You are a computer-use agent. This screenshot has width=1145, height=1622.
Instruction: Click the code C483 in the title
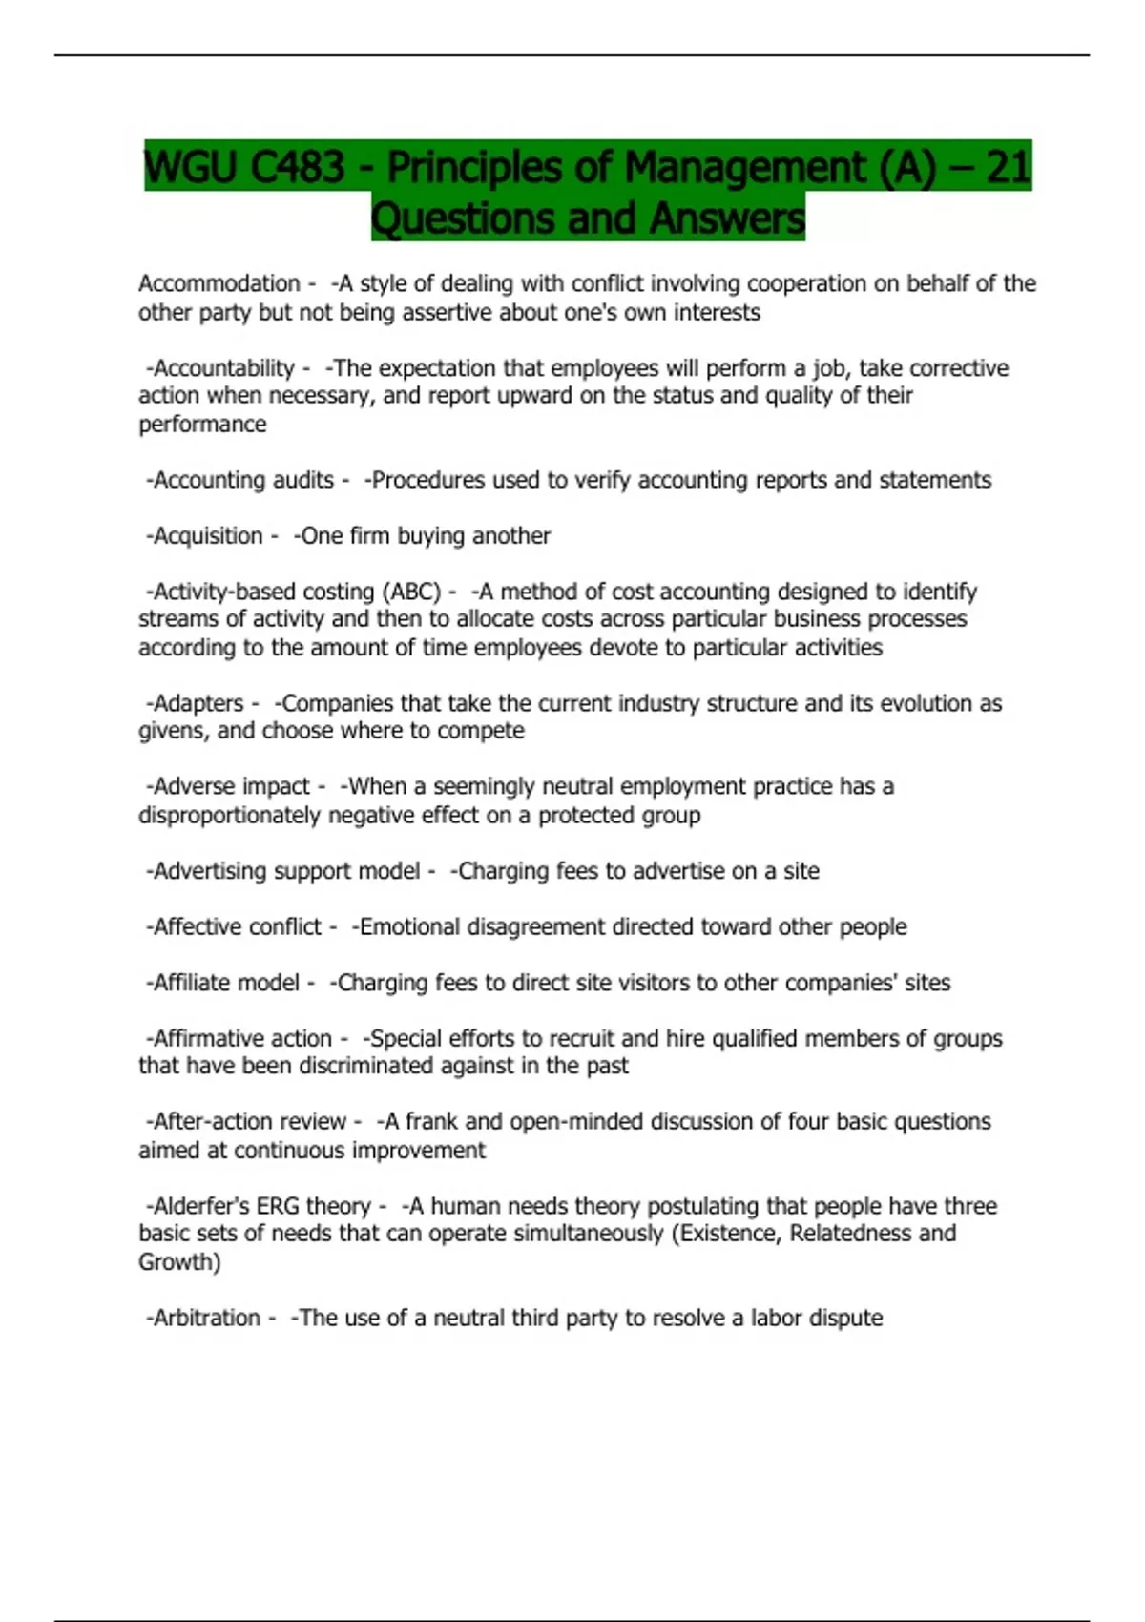[297, 168]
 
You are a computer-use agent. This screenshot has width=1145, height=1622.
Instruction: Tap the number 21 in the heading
[1008, 168]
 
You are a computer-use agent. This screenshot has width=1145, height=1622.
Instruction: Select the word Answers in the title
[727, 218]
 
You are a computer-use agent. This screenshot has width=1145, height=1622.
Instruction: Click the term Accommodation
[219, 283]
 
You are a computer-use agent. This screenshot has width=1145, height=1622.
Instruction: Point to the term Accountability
[224, 368]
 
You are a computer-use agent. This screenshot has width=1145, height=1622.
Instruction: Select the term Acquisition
[208, 536]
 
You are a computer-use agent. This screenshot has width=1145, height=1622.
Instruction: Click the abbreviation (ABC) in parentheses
[411, 592]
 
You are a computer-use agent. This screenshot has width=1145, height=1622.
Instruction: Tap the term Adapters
[198, 703]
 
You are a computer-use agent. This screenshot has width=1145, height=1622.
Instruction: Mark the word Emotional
[408, 926]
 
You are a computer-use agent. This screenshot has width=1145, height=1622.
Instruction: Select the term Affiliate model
[226, 983]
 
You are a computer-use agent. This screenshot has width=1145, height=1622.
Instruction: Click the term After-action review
[249, 1122]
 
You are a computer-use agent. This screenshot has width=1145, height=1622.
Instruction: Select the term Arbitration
[206, 1318]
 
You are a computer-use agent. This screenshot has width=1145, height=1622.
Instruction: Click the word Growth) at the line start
[179, 1262]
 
